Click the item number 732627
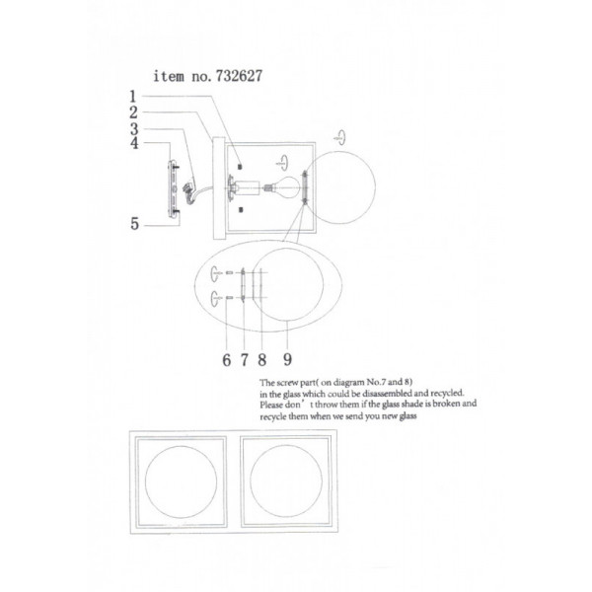tap(239, 76)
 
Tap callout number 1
tap(132, 97)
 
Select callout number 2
tap(133, 112)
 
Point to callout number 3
tap(134, 129)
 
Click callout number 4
tap(134, 143)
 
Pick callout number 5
tap(135, 224)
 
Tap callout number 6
tap(227, 360)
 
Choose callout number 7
tap(245, 360)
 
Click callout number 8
tap(262, 360)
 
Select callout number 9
tap(288, 359)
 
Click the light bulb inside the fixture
tap(286, 186)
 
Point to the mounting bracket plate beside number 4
tap(173, 188)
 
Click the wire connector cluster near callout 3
tap(188, 187)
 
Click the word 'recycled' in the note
tap(447, 393)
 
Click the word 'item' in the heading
tap(169, 76)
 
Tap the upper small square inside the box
tap(241, 166)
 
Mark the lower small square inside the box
tap(241, 210)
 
